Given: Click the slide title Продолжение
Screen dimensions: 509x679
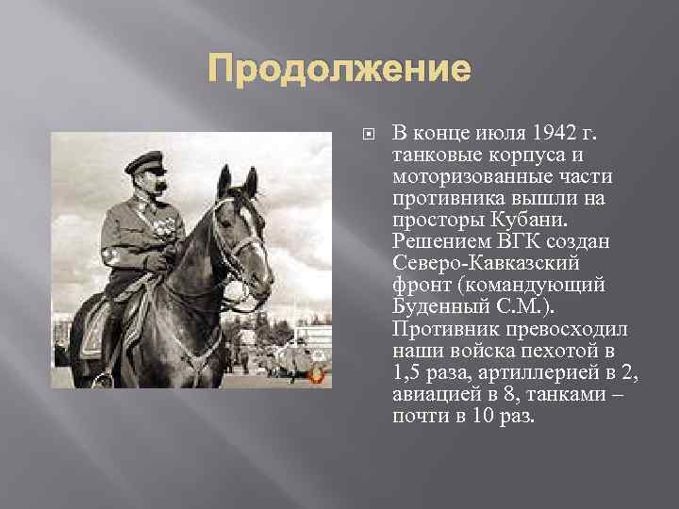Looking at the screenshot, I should (x=339, y=71).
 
